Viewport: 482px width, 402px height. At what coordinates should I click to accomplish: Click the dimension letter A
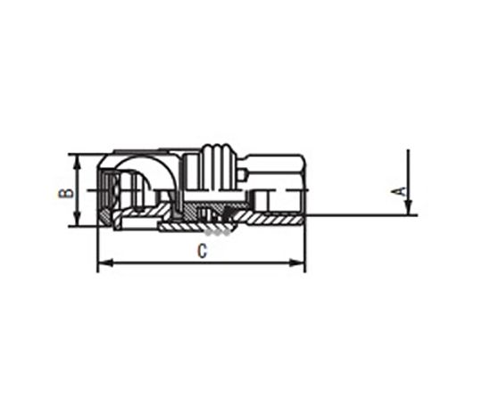[x=399, y=191]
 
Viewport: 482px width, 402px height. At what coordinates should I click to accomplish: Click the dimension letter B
[x=66, y=193]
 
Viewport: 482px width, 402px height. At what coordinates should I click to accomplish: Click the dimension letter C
[x=203, y=251]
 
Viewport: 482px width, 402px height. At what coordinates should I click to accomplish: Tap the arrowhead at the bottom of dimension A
[x=408, y=207]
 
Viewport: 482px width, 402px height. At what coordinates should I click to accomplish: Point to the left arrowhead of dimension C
[x=105, y=263]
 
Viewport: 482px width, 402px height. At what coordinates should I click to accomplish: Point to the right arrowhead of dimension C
[x=297, y=263]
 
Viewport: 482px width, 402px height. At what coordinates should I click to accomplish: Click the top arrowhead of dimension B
[x=78, y=162]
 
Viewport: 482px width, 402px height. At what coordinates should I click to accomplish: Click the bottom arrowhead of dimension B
[x=78, y=219]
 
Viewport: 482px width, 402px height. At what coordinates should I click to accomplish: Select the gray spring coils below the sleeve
[x=218, y=233]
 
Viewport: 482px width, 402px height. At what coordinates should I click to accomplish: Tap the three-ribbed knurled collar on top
[x=219, y=166]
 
